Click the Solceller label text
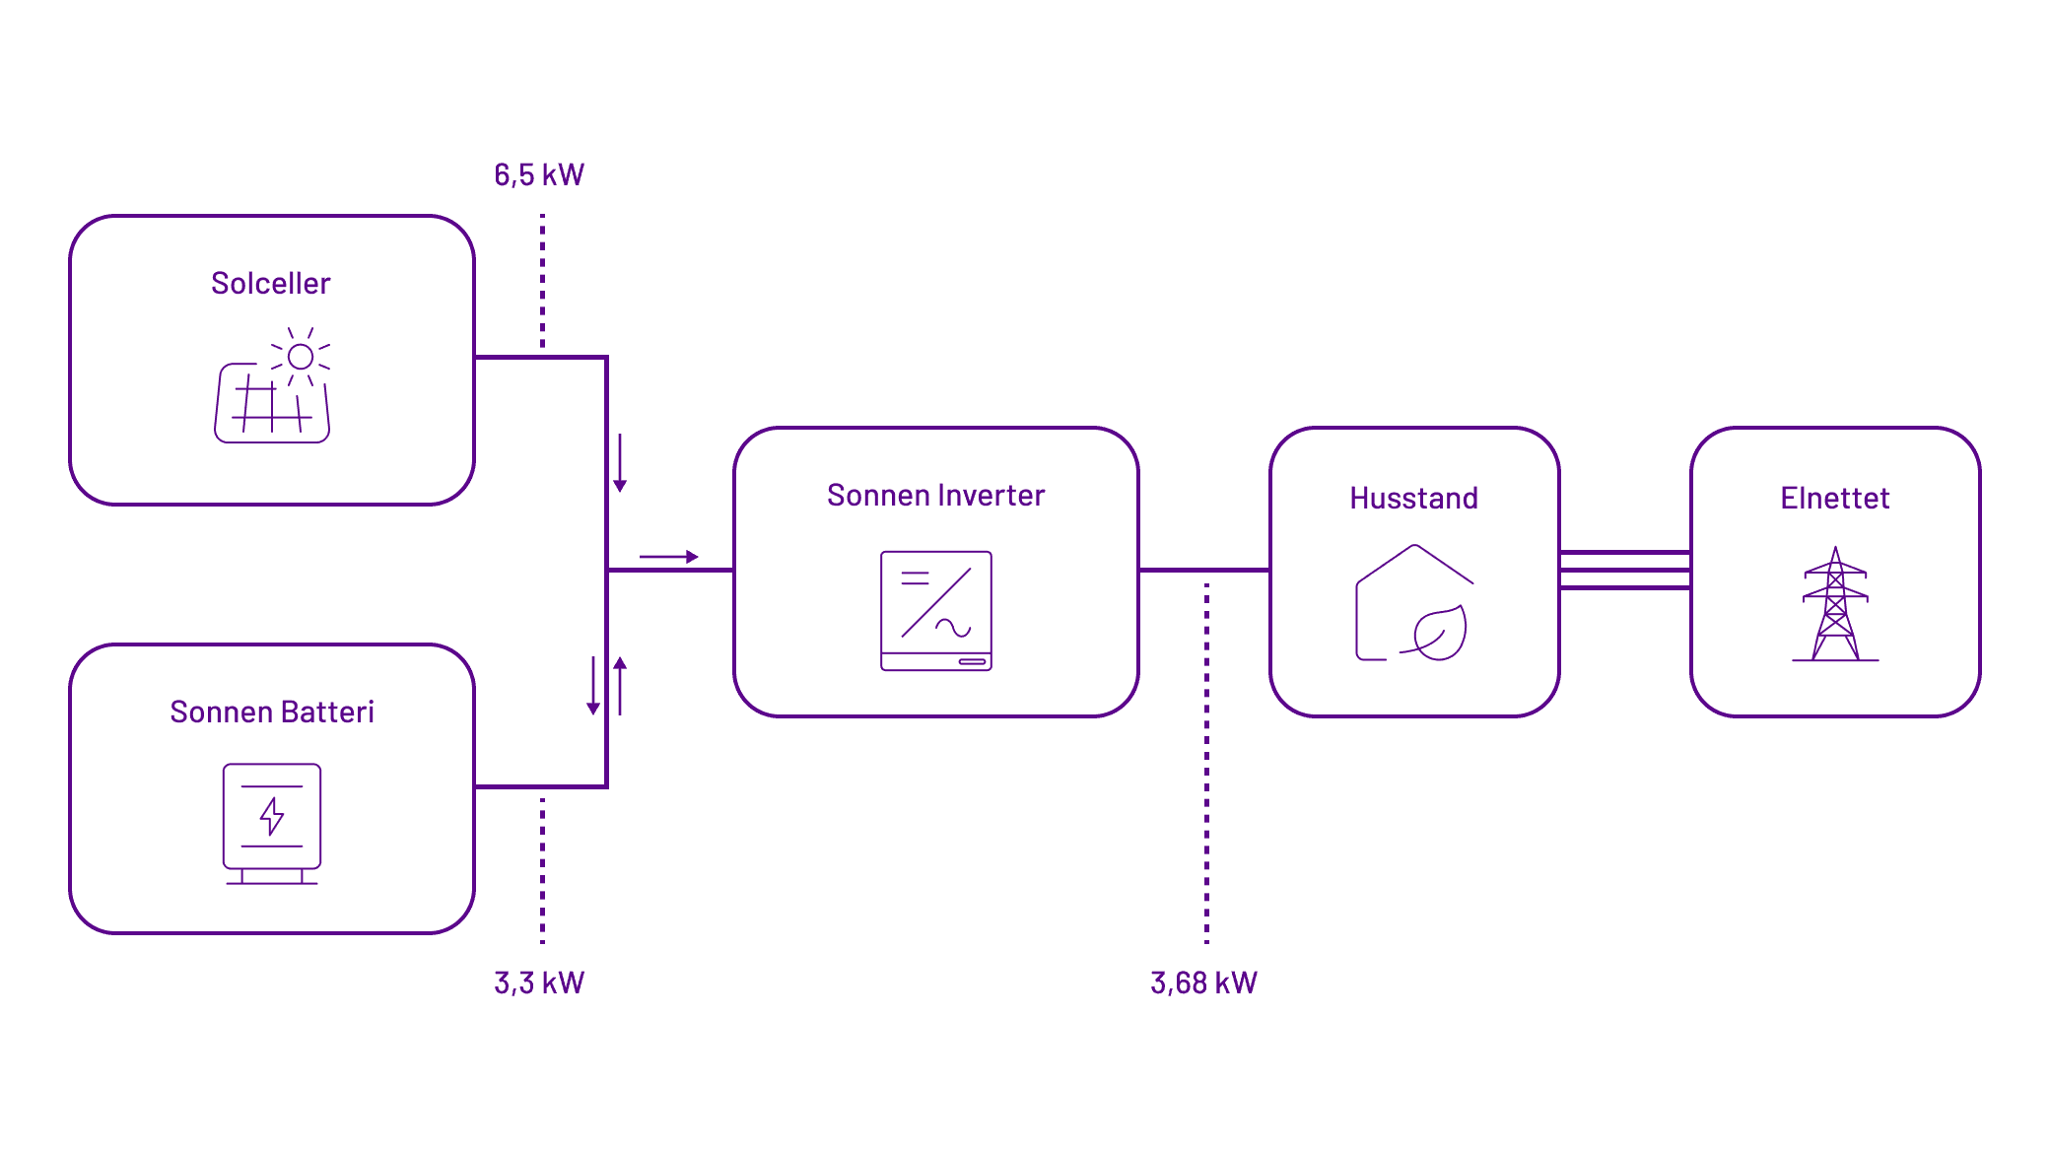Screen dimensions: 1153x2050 coord(271,284)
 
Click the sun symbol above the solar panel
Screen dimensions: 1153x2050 coord(301,356)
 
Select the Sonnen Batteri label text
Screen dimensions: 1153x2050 coord(272,712)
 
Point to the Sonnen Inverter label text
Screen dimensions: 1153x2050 coord(935,496)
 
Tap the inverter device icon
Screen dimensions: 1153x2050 coord(936,611)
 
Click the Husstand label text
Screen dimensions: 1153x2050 coord(1413,499)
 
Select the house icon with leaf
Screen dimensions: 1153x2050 coord(1413,603)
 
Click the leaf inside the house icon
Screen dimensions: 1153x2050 coord(1440,633)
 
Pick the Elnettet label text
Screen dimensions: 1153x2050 coord(1834,499)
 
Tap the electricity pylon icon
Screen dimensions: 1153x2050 coord(1835,604)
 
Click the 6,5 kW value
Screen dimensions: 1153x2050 coord(539,175)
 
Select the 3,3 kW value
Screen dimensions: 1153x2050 coord(539,983)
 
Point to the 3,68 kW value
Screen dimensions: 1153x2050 coord(1203,983)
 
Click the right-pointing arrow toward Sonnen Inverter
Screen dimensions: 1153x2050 coord(669,557)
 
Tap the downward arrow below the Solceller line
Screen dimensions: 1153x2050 coord(620,463)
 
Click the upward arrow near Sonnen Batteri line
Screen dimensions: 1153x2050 coord(620,685)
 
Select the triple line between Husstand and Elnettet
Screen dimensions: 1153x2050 coord(1624,571)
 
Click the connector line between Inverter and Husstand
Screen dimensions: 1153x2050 coord(1203,570)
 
